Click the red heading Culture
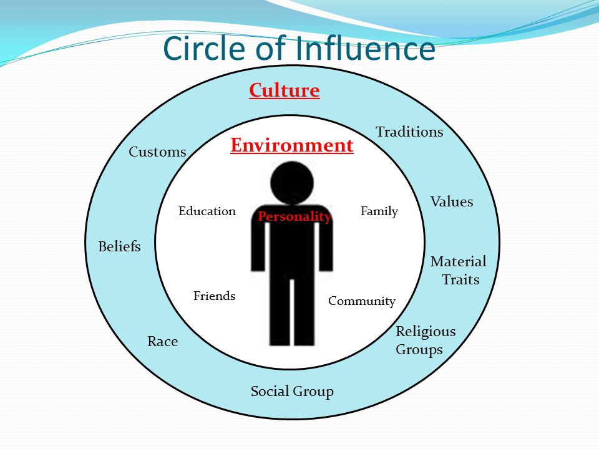point(285,91)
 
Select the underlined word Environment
point(292,145)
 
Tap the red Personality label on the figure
point(294,216)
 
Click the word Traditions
point(409,132)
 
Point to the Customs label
point(157,152)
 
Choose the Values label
point(452,201)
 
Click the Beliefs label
point(119,246)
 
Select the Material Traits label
point(459,270)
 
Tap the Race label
point(163,341)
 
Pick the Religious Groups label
point(426,340)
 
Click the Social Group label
point(292,392)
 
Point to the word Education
point(207,211)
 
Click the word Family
point(379,211)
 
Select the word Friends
point(214,296)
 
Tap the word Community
point(362,301)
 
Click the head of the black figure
point(292,183)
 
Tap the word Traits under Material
point(460,280)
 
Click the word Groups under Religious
point(419,350)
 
